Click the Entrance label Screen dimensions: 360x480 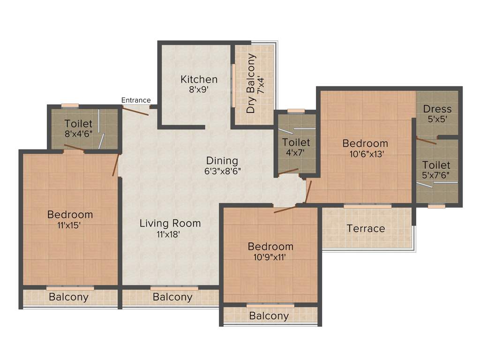point(136,100)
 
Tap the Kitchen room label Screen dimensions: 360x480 point(199,79)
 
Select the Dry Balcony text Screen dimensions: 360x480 point(251,83)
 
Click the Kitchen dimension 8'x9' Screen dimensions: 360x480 point(199,90)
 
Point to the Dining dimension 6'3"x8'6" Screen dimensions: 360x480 point(223,171)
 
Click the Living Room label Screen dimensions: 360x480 point(170,223)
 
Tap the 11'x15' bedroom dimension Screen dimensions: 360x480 point(70,225)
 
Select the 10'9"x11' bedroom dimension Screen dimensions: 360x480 point(270,256)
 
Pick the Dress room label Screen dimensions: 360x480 point(437,109)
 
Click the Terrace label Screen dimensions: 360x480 point(366,228)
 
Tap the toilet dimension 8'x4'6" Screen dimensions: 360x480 point(78,134)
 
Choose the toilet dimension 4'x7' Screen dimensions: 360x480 point(296,152)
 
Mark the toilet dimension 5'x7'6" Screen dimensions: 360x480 point(436,175)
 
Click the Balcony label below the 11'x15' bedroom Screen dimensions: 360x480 point(68,297)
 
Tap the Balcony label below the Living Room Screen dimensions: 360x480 point(172,297)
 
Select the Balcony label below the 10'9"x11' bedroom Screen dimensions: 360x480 point(269,316)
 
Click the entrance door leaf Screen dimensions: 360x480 point(136,111)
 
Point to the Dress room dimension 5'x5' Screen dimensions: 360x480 point(437,119)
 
